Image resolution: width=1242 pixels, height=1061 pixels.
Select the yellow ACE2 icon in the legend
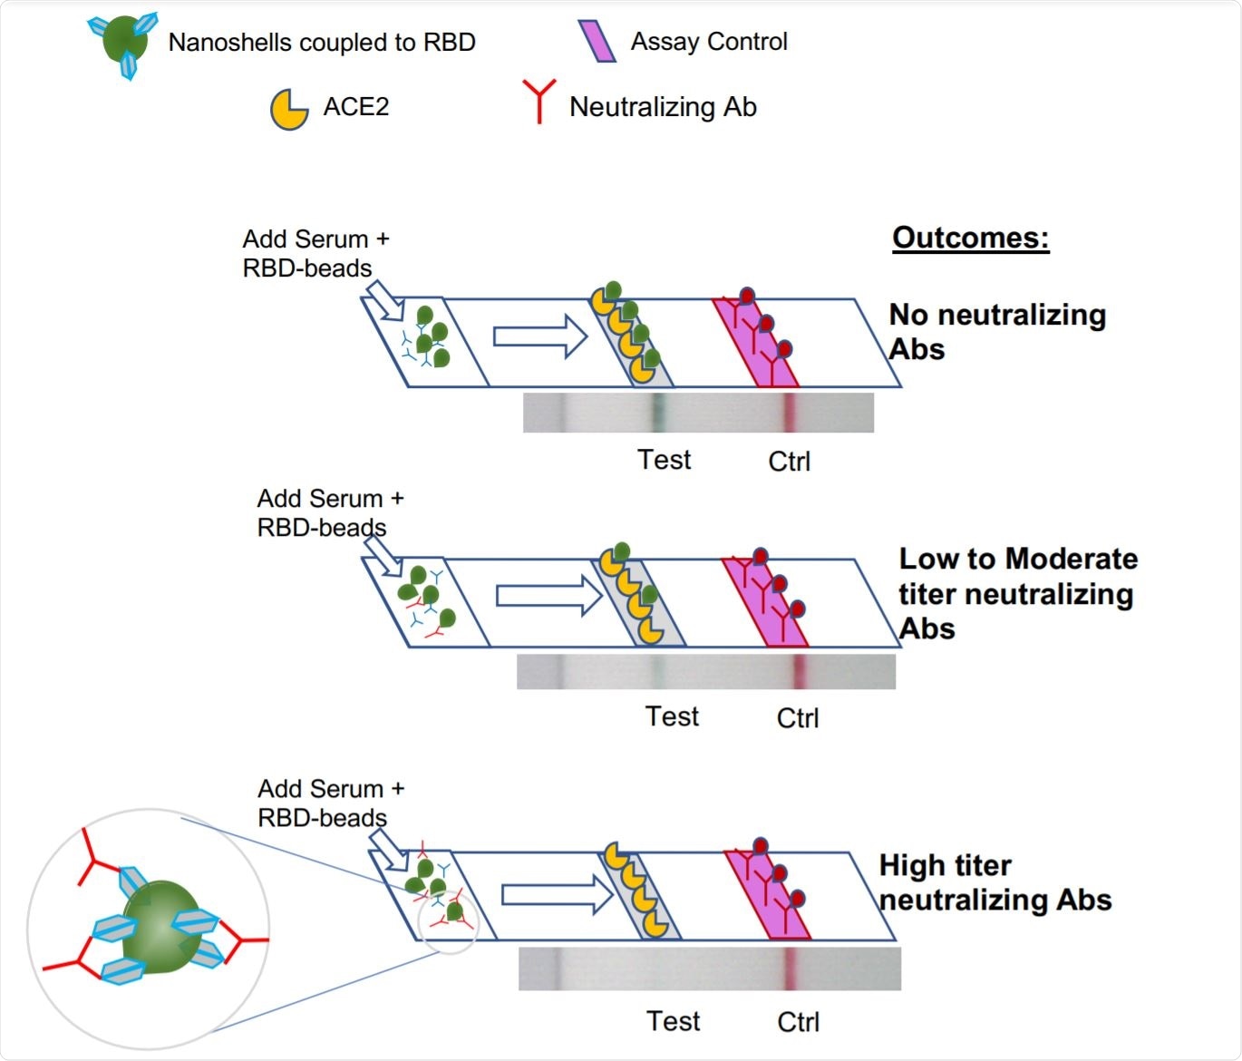pyautogui.click(x=289, y=110)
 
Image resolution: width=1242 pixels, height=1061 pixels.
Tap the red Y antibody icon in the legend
pyautogui.click(x=539, y=101)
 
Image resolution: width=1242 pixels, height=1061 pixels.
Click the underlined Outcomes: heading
pyautogui.click(x=970, y=238)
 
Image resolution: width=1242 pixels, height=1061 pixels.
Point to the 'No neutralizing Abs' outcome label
pyautogui.click(x=996, y=332)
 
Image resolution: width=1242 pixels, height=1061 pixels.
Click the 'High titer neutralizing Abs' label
pyautogui.click(x=995, y=882)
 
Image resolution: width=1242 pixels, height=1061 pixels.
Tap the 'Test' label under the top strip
pyautogui.click(x=664, y=460)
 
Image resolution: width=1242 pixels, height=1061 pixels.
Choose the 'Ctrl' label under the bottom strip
pyautogui.click(x=798, y=1022)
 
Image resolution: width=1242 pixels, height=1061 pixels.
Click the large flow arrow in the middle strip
pyautogui.click(x=548, y=596)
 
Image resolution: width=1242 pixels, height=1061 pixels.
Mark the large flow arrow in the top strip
pyautogui.click(x=541, y=336)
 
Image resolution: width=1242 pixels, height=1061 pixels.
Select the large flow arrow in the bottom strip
pyautogui.click(x=556, y=895)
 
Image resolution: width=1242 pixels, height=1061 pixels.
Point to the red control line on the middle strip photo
pyautogui.click(x=800, y=672)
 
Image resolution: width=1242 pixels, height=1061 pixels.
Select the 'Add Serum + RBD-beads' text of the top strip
pyautogui.click(x=315, y=254)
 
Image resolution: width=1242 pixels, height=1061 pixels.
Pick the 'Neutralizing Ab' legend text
pyautogui.click(x=663, y=107)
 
